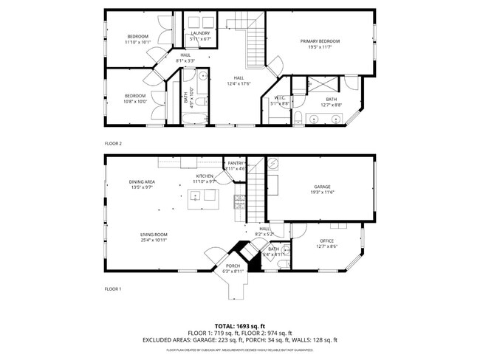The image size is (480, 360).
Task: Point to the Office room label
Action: pos(326,243)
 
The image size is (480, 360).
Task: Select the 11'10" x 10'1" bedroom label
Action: pos(138,39)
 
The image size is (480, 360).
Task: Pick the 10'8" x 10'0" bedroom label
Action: pos(134,98)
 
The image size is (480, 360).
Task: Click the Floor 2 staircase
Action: pos(255,33)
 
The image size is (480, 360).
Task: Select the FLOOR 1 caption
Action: pos(112,288)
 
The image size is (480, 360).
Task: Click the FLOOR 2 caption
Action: pos(112,143)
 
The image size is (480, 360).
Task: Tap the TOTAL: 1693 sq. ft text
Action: pos(240,325)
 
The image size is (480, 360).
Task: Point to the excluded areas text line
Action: pos(240,340)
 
